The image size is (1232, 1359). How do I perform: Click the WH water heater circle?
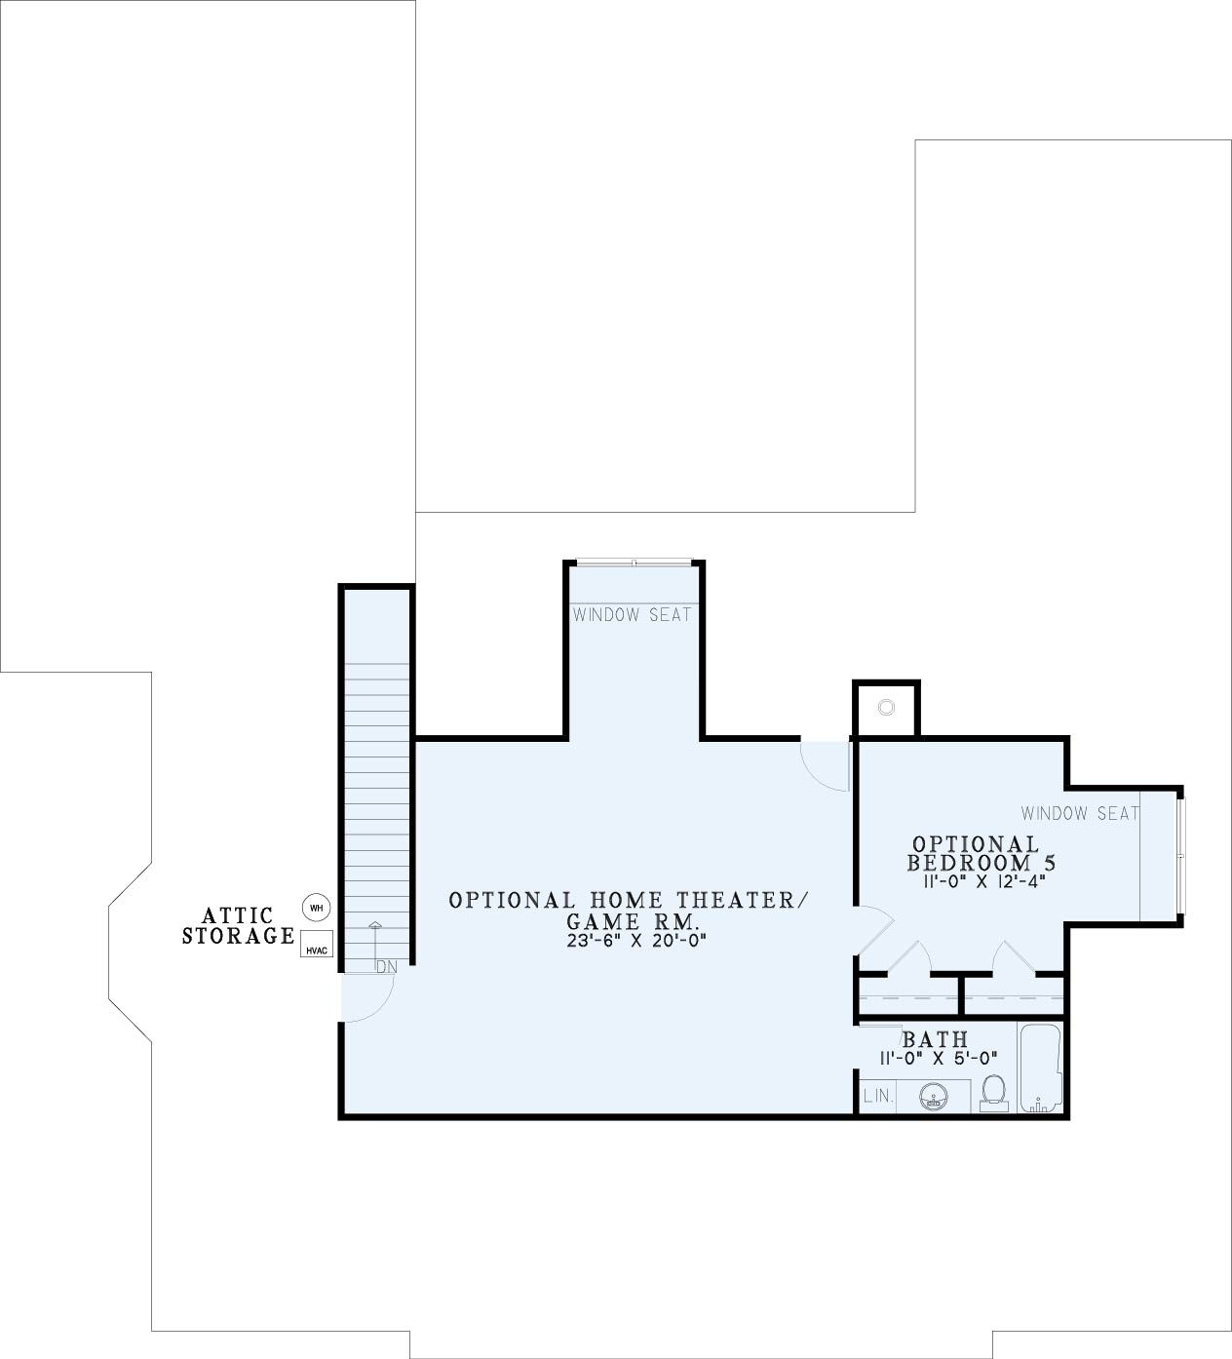317,907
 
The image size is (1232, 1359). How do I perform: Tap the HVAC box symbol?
317,944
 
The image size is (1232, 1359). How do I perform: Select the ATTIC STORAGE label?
239,925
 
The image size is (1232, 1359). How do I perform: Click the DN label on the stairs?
387,968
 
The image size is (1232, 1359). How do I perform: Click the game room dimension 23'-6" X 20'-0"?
636,941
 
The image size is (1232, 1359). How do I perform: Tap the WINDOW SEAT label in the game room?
632,614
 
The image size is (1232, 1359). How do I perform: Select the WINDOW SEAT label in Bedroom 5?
1080,813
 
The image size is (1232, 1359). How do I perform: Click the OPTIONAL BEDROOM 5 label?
982,854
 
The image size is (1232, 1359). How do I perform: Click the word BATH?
936,1038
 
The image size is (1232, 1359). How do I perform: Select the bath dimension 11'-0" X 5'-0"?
939,1059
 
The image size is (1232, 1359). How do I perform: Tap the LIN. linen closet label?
878,1096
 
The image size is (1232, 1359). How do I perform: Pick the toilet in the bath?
993,1093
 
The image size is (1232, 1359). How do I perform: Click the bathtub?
1040,1068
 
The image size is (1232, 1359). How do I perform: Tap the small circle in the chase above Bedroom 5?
886,707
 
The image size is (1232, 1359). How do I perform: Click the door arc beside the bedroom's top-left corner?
820,772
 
